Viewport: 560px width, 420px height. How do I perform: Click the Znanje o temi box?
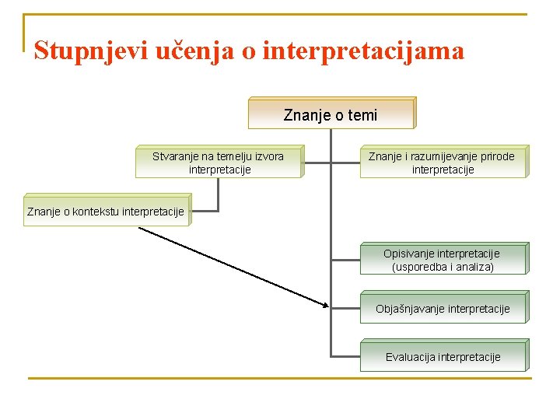tap(331, 115)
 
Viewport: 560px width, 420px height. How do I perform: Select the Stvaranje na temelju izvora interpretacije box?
tap(218, 163)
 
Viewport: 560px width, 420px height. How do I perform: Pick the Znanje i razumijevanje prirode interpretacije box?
tap(442, 163)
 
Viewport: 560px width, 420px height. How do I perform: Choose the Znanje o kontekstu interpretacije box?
tap(106, 211)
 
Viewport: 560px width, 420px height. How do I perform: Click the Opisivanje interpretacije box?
tap(442, 260)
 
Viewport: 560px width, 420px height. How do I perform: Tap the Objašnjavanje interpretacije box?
tap(442, 309)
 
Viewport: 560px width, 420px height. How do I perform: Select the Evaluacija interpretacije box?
tap(442, 357)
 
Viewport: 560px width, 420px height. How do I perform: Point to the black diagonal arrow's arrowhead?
tap(325, 305)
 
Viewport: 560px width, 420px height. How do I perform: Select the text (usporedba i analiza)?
tap(443, 267)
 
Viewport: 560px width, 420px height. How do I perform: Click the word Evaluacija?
tap(410, 358)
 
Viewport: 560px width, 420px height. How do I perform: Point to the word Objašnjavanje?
tap(411, 309)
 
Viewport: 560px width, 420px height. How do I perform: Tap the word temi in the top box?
tap(363, 116)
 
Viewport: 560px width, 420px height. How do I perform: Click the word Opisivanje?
tap(409, 254)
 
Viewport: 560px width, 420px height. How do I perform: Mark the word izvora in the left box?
tap(268, 156)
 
